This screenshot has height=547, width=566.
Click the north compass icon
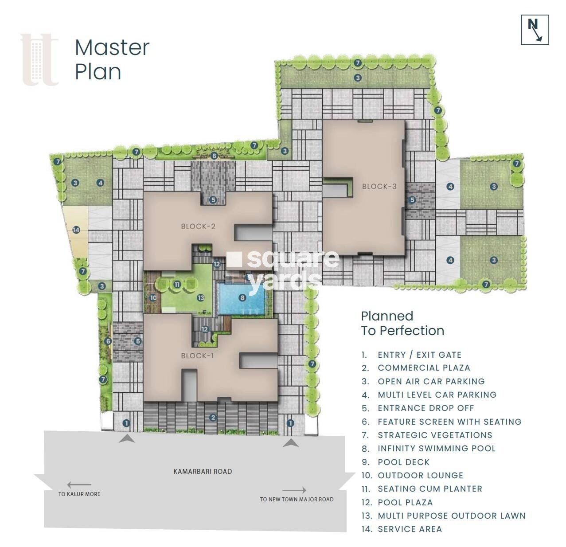coord(535,30)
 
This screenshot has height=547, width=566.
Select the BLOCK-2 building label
coord(198,226)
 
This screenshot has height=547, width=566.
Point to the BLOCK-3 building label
coord(379,186)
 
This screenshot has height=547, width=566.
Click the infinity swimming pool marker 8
coord(242,298)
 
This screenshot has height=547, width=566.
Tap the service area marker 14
coord(76,230)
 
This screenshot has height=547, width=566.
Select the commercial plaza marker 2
coord(213,418)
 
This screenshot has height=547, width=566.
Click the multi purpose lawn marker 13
coord(201,298)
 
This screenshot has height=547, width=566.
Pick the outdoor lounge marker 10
coord(153,298)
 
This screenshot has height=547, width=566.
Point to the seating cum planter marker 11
coord(177,285)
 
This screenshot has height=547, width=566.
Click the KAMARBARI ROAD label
coord(203,472)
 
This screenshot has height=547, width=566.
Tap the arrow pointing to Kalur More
coord(79,485)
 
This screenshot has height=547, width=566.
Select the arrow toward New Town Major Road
coord(294,490)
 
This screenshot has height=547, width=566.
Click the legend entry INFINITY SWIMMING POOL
coord(436,448)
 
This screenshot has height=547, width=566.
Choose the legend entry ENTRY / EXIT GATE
coord(419,355)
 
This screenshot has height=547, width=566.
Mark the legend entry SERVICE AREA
coord(410,529)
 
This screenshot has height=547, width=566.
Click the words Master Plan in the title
coord(112,60)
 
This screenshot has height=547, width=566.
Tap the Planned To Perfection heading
coord(402,323)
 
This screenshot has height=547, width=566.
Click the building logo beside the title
coord(39,60)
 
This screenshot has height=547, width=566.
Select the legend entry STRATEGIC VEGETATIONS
coord(435,435)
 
